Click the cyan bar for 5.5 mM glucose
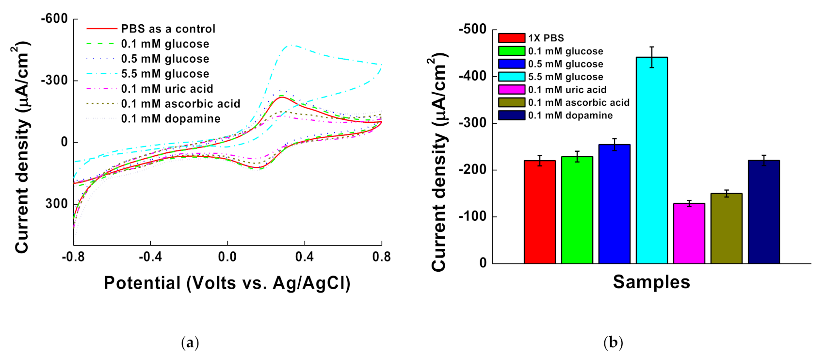652,160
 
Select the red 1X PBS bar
540,212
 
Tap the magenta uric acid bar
689,233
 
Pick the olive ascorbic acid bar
727,229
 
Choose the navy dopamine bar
764,212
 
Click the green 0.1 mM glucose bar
577,210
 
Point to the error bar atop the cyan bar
652,57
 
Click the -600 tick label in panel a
54,19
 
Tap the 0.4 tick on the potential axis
305,257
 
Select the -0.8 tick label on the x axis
73,257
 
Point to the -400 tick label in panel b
472,76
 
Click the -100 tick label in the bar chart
472,217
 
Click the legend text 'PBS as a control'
168,29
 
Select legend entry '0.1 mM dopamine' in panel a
171,119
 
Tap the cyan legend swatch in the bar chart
512,77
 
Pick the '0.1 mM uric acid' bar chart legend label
567,90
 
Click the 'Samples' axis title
651,282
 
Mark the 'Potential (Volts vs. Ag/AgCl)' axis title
227,283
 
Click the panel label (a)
190,343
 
